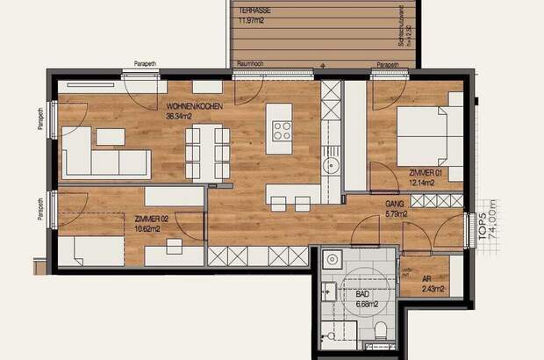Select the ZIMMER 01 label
[427, 175]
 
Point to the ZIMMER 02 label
[152, 218]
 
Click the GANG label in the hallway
[394, 204]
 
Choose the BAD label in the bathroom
[362, 296]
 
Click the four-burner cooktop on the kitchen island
[283, 132]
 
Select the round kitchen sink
[333, 164]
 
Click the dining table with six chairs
[208, 150]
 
